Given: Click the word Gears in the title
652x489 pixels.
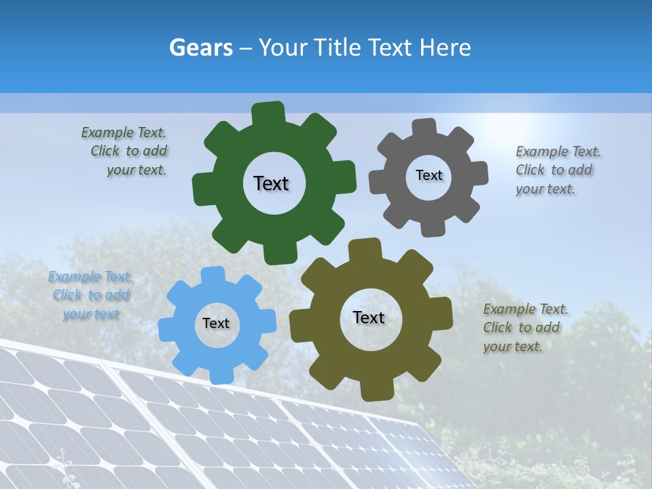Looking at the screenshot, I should pyautogui.click(x=200, y=48).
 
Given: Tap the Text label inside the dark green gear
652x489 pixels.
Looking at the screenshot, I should pyautogui.click(x=271, y=183).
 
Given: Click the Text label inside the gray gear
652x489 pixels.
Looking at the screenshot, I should pyautogui.click(x=429, y=175).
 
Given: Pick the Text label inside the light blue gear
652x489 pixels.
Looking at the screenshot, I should pyautogui.click(x=216, y=324).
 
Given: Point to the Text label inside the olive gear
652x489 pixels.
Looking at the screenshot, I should pyautogui.click(x=369, y=318).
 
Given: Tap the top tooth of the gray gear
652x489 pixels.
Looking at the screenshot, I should pyautogui.click(x=424, y=128).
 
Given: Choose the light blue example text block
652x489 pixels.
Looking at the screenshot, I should pyautogui.click(x=91, y=295).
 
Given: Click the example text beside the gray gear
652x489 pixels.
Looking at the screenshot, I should pyautogui.click(x=558, y=170).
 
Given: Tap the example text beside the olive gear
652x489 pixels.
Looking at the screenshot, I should pyautogui.click(x=525, y=328).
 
